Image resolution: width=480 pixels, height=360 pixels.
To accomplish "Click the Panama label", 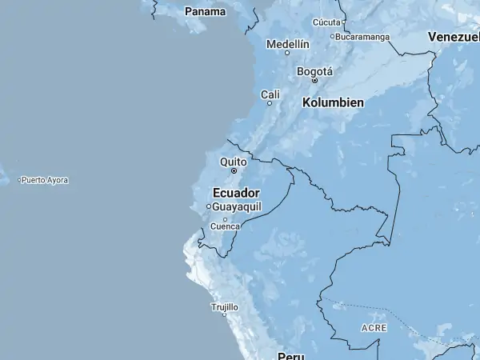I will click(x=205, y=11).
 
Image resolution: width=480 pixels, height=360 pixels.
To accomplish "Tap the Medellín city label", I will click(x=287, y=44).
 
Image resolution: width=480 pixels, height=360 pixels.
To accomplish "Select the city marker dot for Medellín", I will click(x=287, y=53).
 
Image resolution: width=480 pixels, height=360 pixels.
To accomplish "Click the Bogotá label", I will click(x=314, y=71).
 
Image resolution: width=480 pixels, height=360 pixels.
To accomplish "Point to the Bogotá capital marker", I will click(x=314, y=80).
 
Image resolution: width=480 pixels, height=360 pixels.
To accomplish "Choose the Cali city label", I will click(x=270, y=94).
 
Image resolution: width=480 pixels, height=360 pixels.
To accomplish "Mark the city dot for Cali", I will click(x=270, y=103).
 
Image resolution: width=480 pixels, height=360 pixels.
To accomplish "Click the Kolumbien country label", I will click(x=333, y=102).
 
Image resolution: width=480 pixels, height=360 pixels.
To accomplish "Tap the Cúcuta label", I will click(x=326, y=22).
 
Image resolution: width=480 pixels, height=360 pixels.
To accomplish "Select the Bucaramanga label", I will click(x=363, y=36).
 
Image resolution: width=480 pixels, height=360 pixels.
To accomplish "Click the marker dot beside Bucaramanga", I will click(x=332, y=36).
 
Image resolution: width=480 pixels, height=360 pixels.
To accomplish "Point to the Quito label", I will click(x=234, y=162).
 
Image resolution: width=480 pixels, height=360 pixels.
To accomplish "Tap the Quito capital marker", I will click(x=234, y=170).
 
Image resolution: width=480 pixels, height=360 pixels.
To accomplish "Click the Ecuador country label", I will click(x=236, y=193).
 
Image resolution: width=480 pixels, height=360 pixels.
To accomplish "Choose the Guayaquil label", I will click(x=237, y=206).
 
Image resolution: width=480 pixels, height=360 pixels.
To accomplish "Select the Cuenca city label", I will click(x=225, y=226).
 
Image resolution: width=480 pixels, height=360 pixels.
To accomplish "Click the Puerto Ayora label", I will click(x=45, y=180).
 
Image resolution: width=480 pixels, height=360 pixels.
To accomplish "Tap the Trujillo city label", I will click(x=224, y=306).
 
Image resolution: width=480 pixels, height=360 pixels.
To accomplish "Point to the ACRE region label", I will click(x=374, y=328).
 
